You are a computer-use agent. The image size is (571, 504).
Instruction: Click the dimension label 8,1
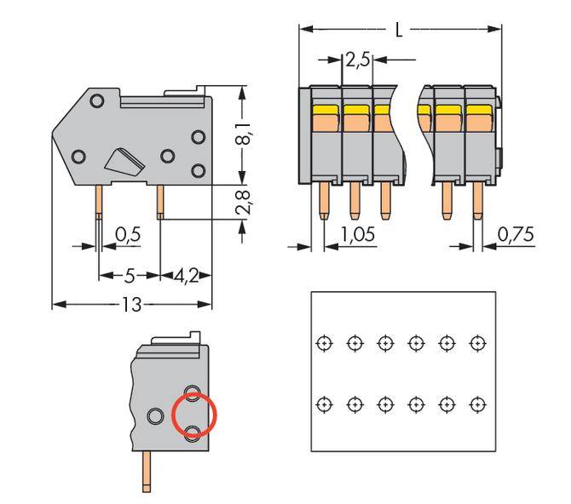[244, 135]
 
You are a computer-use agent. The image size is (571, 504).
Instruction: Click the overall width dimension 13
[131, 304]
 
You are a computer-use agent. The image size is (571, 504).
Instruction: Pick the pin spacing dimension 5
[130, 276]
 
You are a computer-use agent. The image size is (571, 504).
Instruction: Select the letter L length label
[399, 30]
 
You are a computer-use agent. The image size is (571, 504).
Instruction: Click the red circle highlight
[194, 415]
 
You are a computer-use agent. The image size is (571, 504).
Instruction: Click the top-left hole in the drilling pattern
[323, 342]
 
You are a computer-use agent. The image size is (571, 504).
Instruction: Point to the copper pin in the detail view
[147, 472]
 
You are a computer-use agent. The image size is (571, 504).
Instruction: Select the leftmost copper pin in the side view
[100, 202]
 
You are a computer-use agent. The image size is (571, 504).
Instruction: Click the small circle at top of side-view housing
[97, 102]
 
